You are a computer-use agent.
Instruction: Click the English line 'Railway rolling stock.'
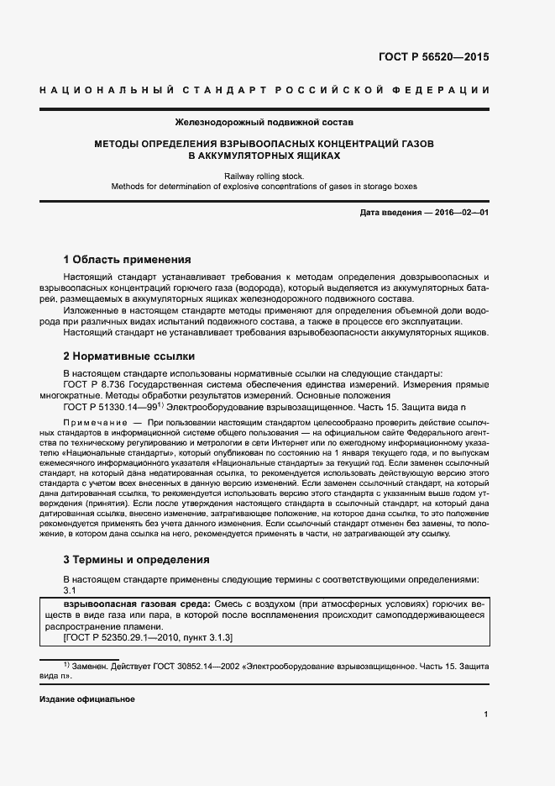[x=264, y=175]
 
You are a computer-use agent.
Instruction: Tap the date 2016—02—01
[x=462, y=214]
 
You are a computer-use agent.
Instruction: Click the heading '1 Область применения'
[x=128, y=260]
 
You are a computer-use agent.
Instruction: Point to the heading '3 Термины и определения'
[x=137, y=559]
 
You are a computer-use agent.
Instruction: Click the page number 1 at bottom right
[x=486, y=715]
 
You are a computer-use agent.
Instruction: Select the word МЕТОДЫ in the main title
[x=119, y=144]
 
